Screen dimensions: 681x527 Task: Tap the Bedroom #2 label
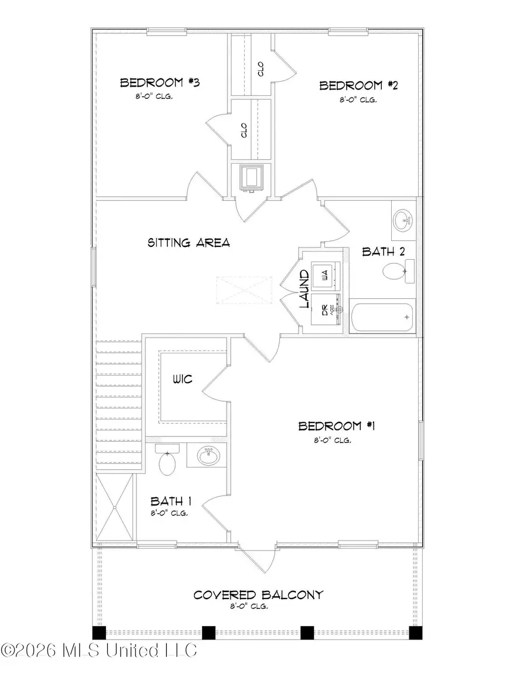coord(358,86)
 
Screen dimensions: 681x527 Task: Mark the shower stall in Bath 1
coord(114,507)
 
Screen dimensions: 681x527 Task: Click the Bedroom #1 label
coord(337,426)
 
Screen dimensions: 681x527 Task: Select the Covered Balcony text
coord(258,595)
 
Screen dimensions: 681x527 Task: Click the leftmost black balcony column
coord(99,632)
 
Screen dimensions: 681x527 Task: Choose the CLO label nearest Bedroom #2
coord(261,69)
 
